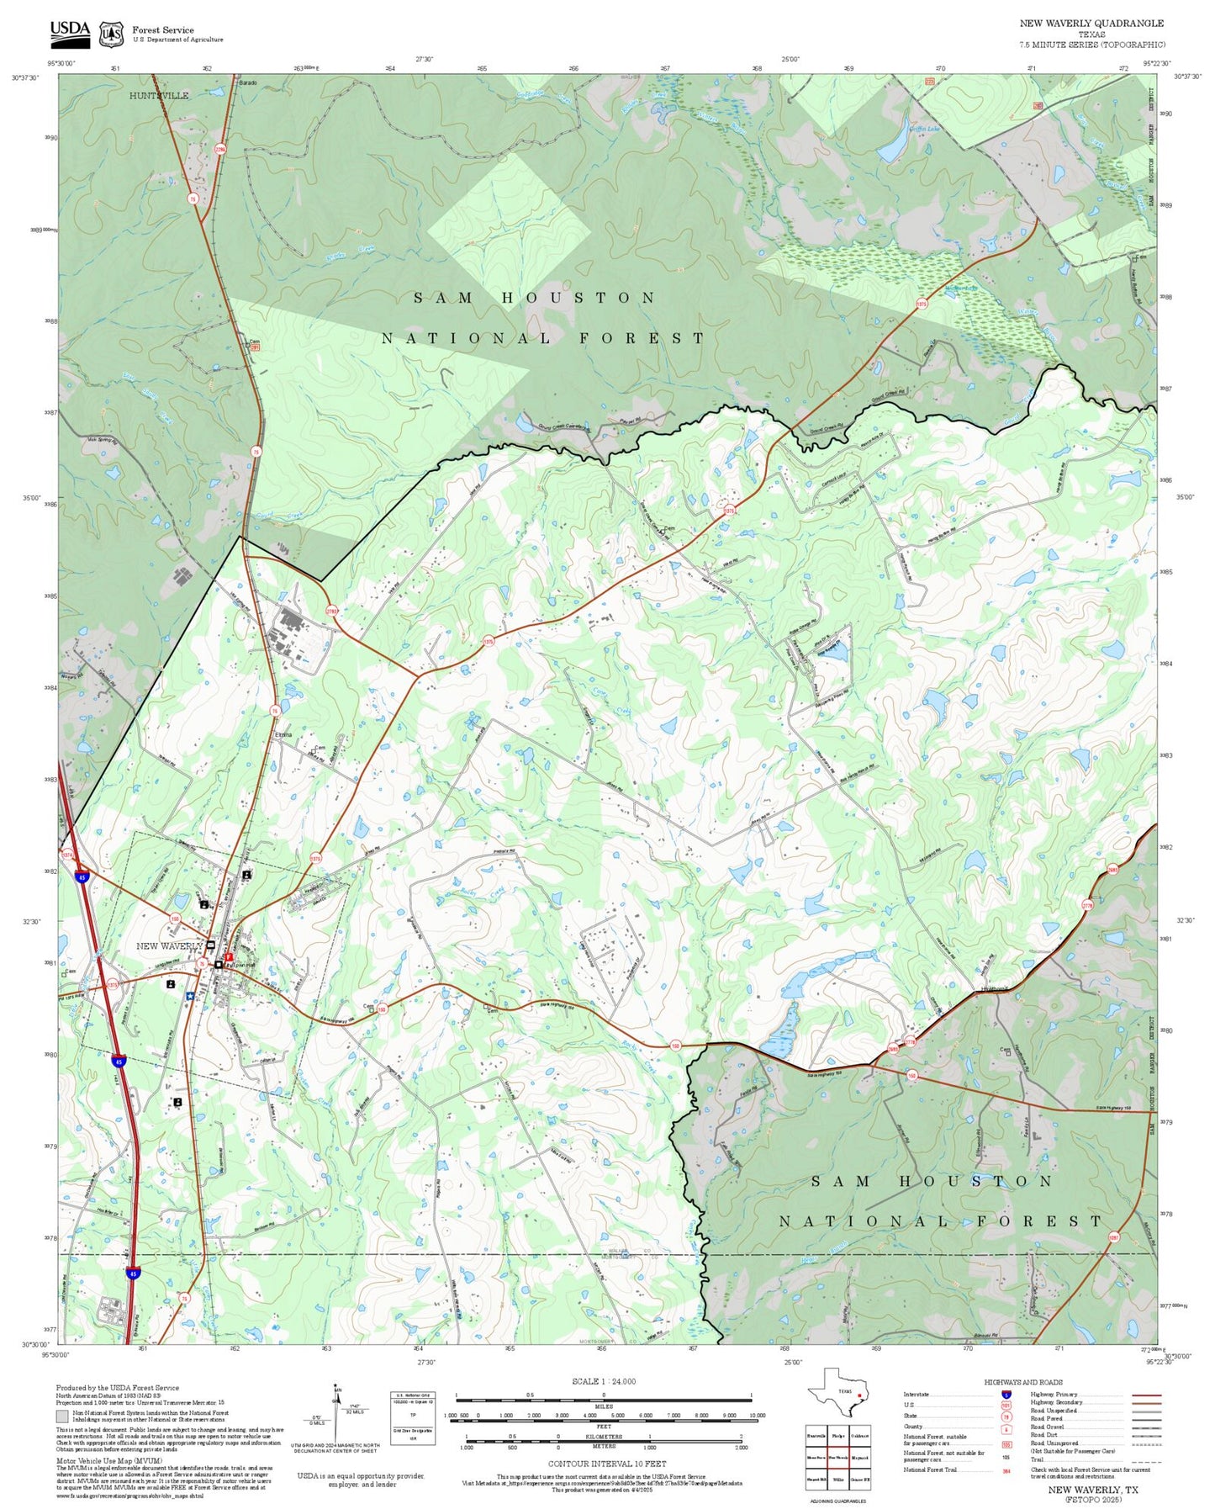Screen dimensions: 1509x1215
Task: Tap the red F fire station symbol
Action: (x=229, y=957)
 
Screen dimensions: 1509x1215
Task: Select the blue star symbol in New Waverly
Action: (x=191, y=996)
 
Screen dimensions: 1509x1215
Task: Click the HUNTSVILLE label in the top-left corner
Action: (x=159, y=96)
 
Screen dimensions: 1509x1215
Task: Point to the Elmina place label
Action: (x=283, y=735)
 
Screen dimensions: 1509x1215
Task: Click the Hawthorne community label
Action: (x=994, y=989)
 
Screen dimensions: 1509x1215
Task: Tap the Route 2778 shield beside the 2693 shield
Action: (x=910, y=1042)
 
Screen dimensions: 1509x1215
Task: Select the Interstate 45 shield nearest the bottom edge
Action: (x=133, y=1273)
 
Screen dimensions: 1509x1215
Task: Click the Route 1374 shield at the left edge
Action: (x=68, y=854)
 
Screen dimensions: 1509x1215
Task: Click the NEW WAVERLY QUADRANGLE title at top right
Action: (x=1091, y=24)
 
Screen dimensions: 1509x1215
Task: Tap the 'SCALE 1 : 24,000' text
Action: (x=604, y=1381)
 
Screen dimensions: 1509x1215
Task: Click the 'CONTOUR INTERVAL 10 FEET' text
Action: (x=606, y=1464)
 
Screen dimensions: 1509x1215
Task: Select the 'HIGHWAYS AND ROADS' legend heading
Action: (x=1022, y=1382)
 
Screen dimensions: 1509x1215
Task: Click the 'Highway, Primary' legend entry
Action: (x=1054, y=1394)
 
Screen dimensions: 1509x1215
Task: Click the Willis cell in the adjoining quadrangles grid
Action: (x=838, y=1479)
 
